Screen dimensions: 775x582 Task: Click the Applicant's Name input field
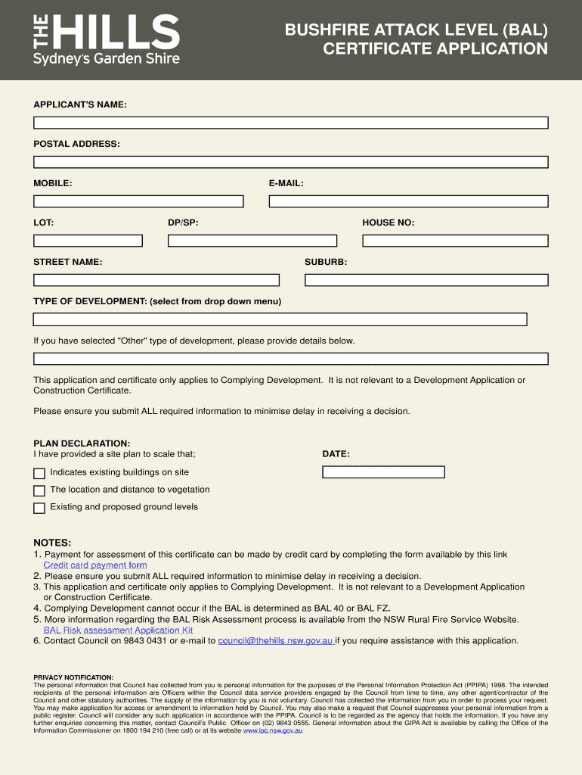(290, 123)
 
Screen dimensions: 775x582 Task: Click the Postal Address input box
(290, 162)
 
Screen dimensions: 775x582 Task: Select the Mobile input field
(138, 201)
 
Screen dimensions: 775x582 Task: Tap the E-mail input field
(409, 201)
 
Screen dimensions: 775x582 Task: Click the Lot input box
(88, 241)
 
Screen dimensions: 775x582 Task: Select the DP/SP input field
(250, 241)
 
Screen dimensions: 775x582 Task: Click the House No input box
(455, 241)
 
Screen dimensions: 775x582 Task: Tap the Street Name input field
(156, 280)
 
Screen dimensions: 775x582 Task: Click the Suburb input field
(426, 280)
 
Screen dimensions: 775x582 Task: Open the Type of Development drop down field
(280, 319)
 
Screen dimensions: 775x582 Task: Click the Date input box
(383, 472)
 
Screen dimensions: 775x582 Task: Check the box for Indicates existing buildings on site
(39, 474)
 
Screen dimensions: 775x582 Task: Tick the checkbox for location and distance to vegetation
(39, 491)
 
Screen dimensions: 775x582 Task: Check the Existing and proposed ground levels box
(39, 509)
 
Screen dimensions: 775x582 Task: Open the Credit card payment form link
(95, 565)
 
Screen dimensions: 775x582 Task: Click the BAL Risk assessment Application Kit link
(118, 630)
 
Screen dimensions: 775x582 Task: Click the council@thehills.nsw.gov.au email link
(276, 641)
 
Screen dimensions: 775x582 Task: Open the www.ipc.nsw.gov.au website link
(272, 731)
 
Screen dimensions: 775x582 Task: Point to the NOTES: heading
(52, 543)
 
